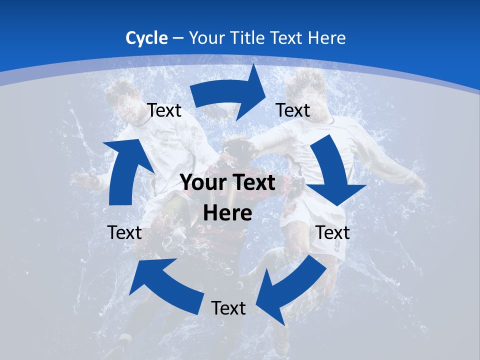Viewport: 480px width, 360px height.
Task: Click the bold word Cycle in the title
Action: (x=146, y=38)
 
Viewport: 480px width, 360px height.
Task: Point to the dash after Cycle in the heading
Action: (x=177, y=38)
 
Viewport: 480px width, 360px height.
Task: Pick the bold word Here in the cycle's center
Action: (x=227, y=213)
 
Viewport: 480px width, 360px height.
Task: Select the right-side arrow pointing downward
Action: (x=332, y=170)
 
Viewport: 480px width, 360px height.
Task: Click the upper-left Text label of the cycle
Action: (x=164, y=110)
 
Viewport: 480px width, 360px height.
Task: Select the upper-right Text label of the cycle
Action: (x=293, y=110)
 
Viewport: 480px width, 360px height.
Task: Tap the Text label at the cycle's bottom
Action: (x=228, y=308)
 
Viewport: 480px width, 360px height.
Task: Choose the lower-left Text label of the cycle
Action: (x=124, y=232)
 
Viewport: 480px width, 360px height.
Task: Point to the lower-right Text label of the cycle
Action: (x=332, y=232)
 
